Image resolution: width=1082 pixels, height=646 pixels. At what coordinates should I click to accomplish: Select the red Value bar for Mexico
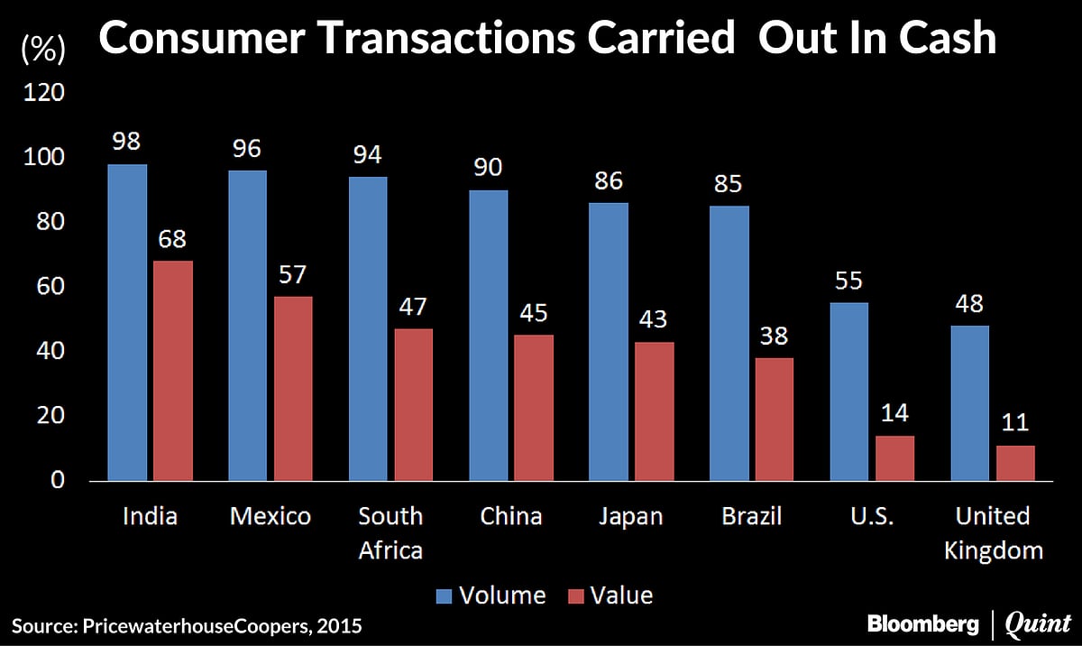[293, 389]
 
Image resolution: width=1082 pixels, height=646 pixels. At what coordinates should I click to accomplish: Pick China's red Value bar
[534, 408]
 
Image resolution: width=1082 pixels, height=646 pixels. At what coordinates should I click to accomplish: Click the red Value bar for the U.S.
[894, 458]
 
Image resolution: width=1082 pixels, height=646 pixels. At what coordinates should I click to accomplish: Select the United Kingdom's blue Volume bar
[969, 402]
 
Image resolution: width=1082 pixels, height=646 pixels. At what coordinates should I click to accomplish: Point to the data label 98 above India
[127, 143]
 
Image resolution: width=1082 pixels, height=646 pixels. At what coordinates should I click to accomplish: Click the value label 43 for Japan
[654, 320]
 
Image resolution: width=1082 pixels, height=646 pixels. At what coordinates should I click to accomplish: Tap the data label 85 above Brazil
[729, 184]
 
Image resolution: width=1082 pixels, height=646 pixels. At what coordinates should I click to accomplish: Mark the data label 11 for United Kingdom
[1015, 423]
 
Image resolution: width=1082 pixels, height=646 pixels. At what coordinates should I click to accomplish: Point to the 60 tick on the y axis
[50, 287]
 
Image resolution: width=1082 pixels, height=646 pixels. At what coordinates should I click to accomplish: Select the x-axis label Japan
[630, 516]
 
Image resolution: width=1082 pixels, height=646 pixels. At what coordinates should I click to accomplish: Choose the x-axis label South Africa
[390, 532]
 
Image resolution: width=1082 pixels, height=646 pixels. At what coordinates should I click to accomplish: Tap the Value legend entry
[609, 595]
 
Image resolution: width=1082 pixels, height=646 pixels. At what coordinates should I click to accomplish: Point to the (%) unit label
[41, 50]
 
